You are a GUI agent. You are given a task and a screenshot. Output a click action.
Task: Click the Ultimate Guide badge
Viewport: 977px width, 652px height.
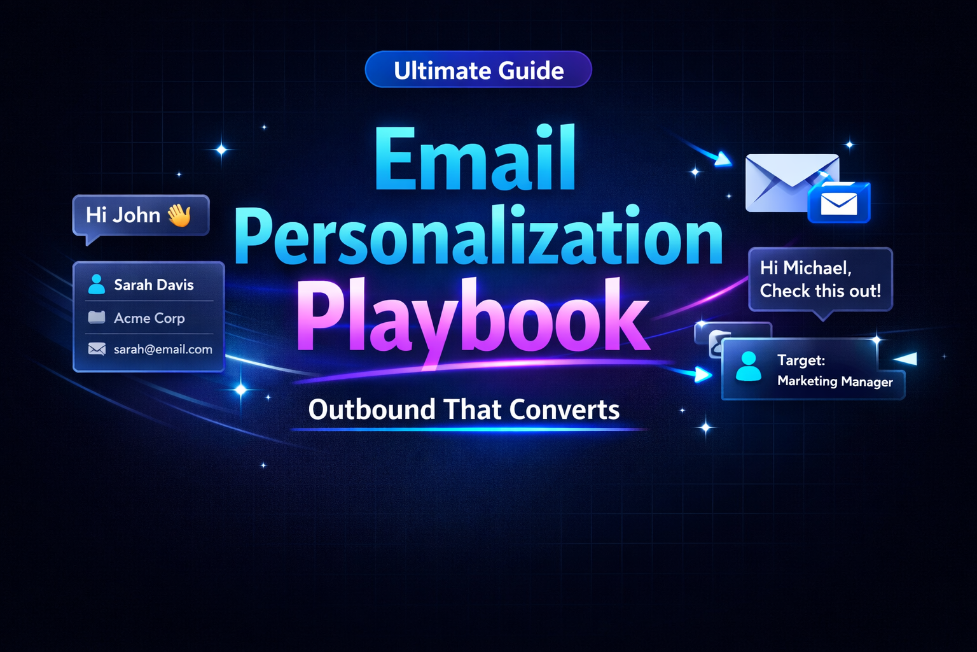coord(478,69)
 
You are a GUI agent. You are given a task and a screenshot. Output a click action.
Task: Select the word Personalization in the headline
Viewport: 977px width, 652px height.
coord(478,237)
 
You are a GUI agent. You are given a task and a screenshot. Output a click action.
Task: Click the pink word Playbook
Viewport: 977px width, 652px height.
coord(472,316)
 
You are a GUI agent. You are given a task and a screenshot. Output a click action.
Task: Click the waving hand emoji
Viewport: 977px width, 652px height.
coord(179,215)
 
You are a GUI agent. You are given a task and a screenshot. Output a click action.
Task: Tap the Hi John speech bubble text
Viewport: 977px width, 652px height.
coord(123,215)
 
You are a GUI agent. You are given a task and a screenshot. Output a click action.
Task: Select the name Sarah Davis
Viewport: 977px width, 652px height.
coord(154,285)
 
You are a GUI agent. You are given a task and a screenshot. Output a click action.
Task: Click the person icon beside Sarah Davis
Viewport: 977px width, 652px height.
coord(97,284)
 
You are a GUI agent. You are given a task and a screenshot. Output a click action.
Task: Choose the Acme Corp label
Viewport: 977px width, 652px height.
coord(149,318)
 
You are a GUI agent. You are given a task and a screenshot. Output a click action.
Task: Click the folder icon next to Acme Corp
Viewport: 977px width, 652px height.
coord(97,317)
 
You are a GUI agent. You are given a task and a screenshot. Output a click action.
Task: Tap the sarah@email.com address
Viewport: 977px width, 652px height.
coord(163,349)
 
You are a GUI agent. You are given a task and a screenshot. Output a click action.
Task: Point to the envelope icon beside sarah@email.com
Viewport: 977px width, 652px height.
coord(97,349)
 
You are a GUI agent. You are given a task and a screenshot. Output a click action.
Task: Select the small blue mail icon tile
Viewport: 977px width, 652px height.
coord(839,203)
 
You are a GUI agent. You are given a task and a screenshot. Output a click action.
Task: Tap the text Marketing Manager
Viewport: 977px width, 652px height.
coord(835,381)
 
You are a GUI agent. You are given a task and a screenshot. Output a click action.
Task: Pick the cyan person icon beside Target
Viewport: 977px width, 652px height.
coord(749,367)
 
